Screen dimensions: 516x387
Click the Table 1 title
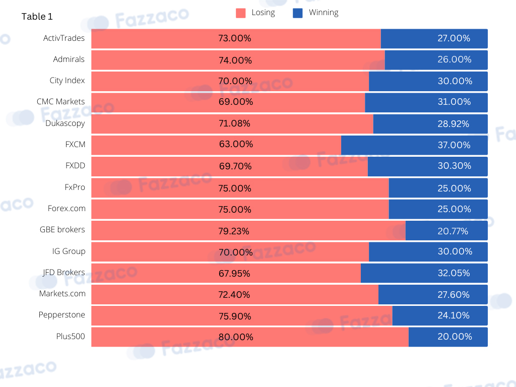tap(37, 17)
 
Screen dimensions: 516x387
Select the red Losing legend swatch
tap(240, 13)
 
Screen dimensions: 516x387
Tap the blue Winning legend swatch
tap(297, 13)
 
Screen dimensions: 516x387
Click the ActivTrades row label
tap(64, 38)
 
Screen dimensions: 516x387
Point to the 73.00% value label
tap(235, 38)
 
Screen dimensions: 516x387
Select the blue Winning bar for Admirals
tap(436, 60)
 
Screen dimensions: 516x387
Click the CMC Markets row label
tap(60, 101)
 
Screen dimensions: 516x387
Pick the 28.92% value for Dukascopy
tap(453, 124)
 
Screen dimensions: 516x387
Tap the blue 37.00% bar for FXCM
tap(414, 145)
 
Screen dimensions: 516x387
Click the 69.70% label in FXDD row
tap(235, 166)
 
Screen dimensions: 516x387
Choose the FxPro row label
tap(75, 187)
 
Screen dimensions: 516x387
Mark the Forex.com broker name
tap(67, 208)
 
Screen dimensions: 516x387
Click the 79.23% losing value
tap(234, 231)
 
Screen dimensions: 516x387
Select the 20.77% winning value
tap(453, 231)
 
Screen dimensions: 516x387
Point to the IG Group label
tap(69, 251)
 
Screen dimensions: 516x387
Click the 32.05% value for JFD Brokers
tap(454, 273)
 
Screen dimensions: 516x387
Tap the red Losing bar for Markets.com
tap(235, 294)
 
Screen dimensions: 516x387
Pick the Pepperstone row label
tap(61, 315)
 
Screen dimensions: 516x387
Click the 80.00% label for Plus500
tap(236, 337)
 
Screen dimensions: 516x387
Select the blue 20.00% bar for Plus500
tap(448, 337)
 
